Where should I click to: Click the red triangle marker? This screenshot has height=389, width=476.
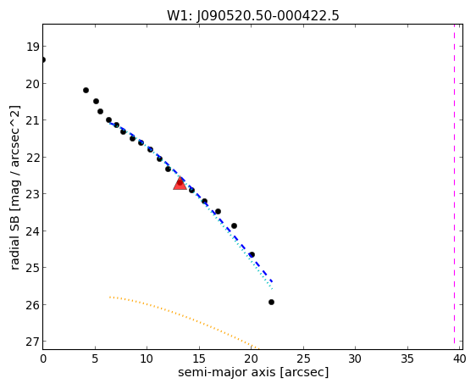(180, 183)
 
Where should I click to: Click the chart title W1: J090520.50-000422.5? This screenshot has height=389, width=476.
(253, 15)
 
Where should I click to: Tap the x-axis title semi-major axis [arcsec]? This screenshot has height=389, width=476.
(253, 372)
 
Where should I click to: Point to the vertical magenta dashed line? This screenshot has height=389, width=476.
(454, 184)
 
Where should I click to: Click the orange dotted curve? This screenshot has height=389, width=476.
(182, 316)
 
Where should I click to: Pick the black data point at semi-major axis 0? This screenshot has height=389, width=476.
(43, 59)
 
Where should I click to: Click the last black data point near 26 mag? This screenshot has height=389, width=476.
(271, 303)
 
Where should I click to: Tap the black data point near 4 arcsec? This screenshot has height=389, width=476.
(86, 90)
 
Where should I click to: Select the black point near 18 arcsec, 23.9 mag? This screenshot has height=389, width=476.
(234, 226)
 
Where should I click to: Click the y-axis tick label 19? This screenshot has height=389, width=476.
(32, 47)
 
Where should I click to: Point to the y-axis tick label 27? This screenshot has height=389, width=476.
(32, 342)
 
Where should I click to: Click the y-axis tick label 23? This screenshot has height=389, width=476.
(32, 194)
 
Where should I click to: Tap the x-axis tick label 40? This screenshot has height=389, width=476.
(459, 359)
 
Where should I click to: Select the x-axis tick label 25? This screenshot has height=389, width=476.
(303, 359)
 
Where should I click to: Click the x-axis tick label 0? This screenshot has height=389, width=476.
(43, 359)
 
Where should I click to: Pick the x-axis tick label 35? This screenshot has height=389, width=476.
(407, 359)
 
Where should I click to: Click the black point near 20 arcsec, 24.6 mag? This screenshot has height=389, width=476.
(252, 254)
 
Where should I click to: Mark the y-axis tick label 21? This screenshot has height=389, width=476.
(32, 120)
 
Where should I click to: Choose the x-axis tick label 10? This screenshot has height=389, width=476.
(147, 359)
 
